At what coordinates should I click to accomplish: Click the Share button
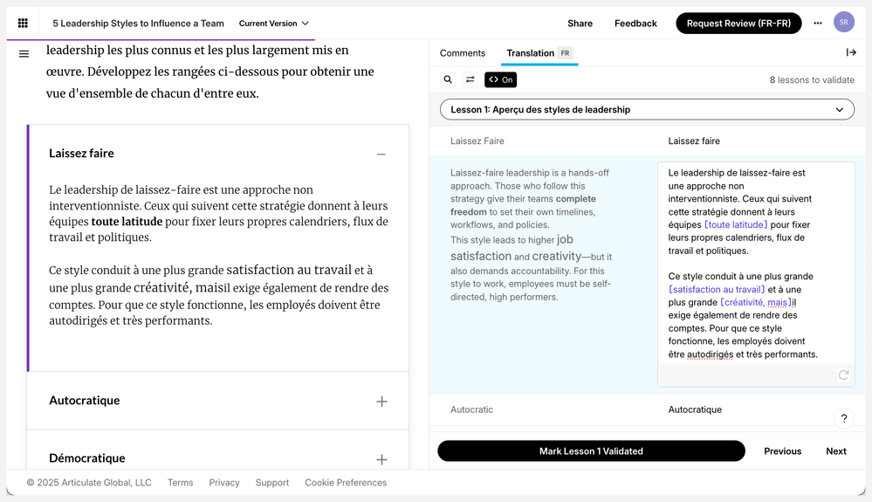(580, 24)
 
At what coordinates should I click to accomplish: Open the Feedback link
(635, 24)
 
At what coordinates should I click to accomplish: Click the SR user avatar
(843, 23)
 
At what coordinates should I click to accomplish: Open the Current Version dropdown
(273, 24)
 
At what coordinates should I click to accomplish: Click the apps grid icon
(23, 24)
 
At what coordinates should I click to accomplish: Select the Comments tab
(463, 53)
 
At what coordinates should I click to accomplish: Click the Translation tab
(531, 53)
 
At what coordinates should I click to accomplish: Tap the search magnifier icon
(448, 79)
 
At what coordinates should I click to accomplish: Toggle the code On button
(501, 79)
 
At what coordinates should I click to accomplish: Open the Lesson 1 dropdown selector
(647, 110)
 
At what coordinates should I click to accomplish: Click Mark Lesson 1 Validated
(591, 451)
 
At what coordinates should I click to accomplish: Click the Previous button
(782, 451)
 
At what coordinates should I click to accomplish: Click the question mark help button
(843, 419)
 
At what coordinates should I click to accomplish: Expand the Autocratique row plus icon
(381, 402)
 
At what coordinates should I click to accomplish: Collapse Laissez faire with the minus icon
(381, 155)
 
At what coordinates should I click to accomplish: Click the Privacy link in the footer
(224, 483)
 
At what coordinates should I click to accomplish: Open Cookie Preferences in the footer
(346, 483)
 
